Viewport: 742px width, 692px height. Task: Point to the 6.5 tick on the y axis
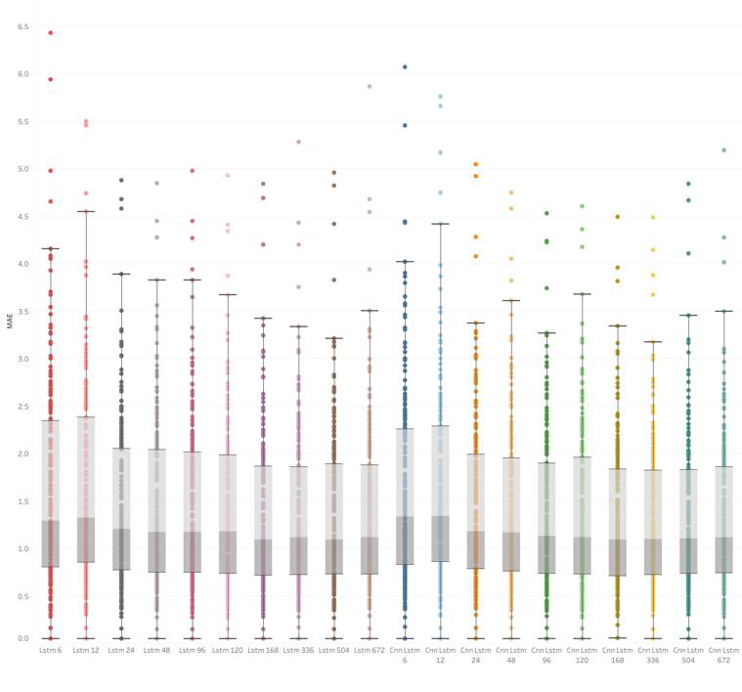[x=22, y=26]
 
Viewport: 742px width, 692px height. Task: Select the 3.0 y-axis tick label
[x=22, y=359]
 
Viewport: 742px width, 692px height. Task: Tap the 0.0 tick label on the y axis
[x=22, y=638]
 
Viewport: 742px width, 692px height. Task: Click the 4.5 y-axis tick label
[x=22, y=216]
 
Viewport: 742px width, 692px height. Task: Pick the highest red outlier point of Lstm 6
[x=50, y=33]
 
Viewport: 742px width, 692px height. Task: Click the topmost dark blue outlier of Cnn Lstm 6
[x=405, y=67]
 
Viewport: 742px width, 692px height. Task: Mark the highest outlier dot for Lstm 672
[x=369, y=86]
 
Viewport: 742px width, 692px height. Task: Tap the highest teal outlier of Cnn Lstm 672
[x=723, y=151]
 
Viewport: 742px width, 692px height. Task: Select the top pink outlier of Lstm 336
[x=298, y=142]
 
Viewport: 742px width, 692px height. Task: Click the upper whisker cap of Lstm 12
[x=86, y=211]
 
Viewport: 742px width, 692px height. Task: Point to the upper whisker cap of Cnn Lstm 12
[x=440, y=224]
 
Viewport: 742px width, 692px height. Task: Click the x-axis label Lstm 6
[x=50, y=649]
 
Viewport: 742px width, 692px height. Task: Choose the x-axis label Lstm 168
[x=263, y=649]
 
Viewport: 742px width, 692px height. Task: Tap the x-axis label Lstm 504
[x=333, y=649]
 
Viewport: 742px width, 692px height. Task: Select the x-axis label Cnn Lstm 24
[x=476, y=654]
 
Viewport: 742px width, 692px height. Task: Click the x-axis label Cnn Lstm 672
[x=723, y=654]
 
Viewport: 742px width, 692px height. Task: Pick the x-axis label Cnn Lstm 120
[x=582, y=654]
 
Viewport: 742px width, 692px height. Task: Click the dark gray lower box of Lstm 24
[x=121, y=549]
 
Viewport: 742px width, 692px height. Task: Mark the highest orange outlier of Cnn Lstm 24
[x=476, y=164]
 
